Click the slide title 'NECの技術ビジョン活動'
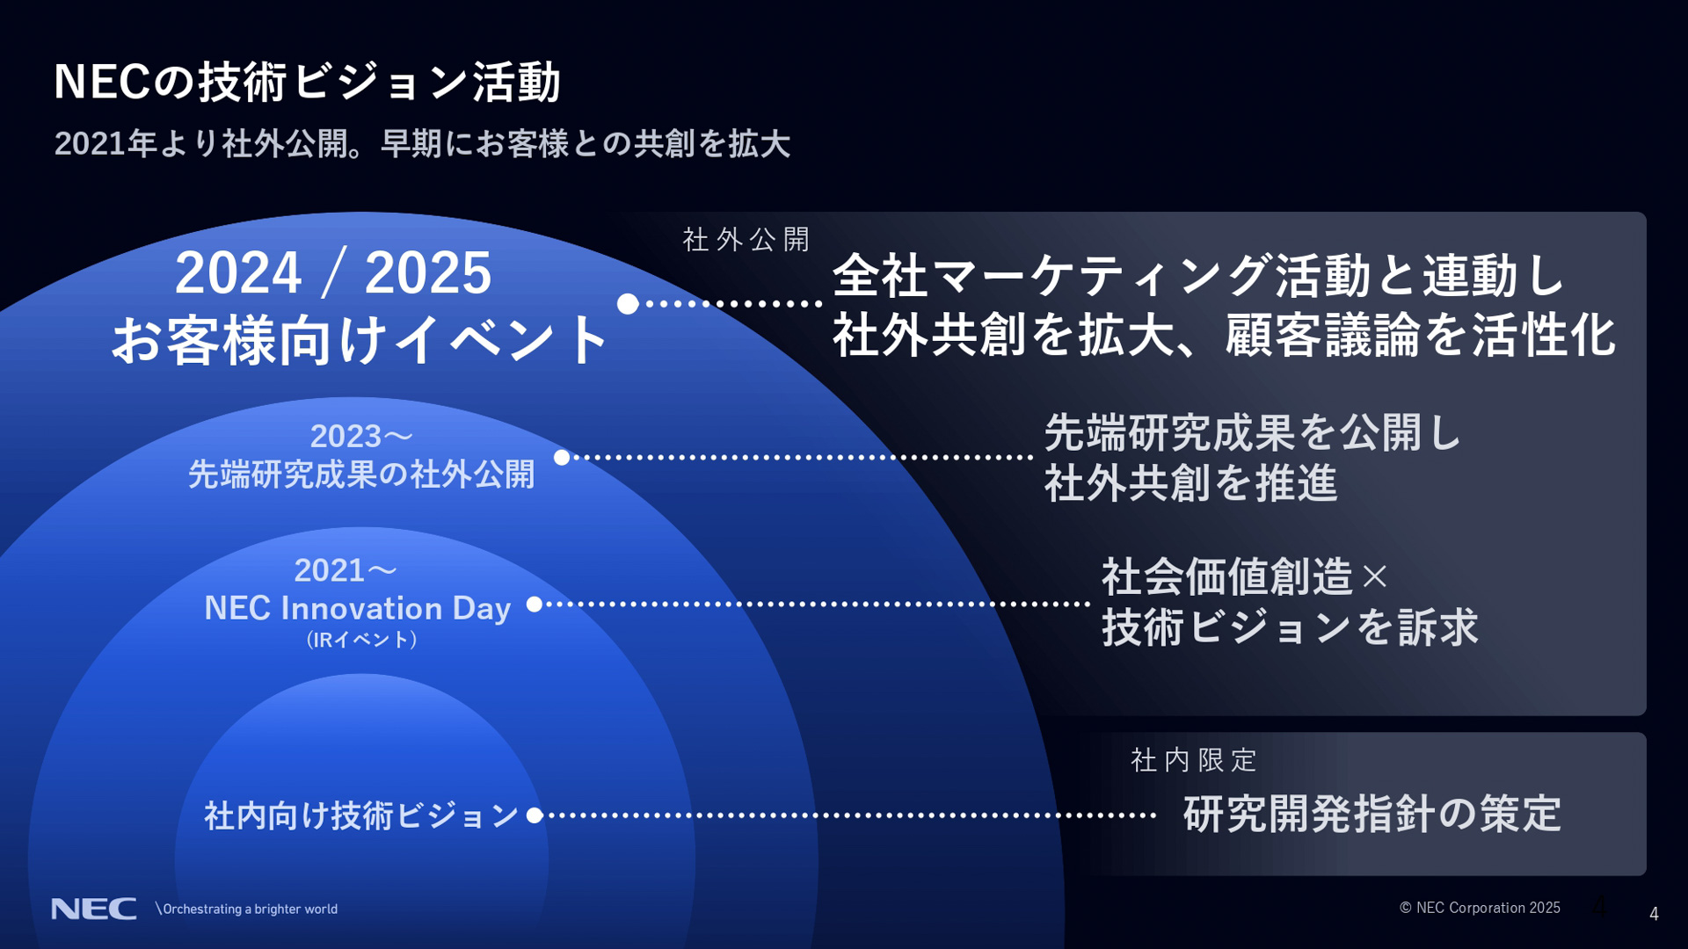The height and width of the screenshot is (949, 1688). click(x=307, y=82)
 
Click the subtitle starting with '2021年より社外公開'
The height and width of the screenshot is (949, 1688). click(x=422, y=143)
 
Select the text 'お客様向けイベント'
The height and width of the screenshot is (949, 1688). click(x=360, y=340)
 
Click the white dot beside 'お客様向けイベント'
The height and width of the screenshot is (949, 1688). click(x=628, y=304)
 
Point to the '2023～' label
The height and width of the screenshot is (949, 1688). click(x=360, y=436)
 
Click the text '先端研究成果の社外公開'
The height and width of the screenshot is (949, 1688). click(x=360, y=474)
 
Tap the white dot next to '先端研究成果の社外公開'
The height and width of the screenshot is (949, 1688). click(x=562, y=457)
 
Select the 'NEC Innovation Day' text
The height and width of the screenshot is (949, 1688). click(x=357, y=608)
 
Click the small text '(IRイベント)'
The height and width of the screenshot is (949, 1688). click(x=361, y=640)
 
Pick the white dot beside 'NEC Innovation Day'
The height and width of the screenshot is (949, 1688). click(x=534, y=604)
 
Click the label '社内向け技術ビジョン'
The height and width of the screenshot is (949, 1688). click(x=360, y=815)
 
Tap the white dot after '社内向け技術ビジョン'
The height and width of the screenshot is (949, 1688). click(x=534, y=815)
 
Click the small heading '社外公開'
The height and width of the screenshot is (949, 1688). click(x=746, y=239)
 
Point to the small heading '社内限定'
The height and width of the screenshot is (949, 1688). click(x=1193, y=760)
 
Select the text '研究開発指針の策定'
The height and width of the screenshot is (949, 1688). click(x=1371, y=814)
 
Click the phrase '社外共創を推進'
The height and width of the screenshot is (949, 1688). click(x=1190, y=483)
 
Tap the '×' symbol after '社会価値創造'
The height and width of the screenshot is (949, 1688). click(x=1374, y=577)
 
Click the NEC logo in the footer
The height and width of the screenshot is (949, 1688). click(x=94, y=909)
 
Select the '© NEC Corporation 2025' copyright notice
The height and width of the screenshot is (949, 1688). click(x=1480, y=908)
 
